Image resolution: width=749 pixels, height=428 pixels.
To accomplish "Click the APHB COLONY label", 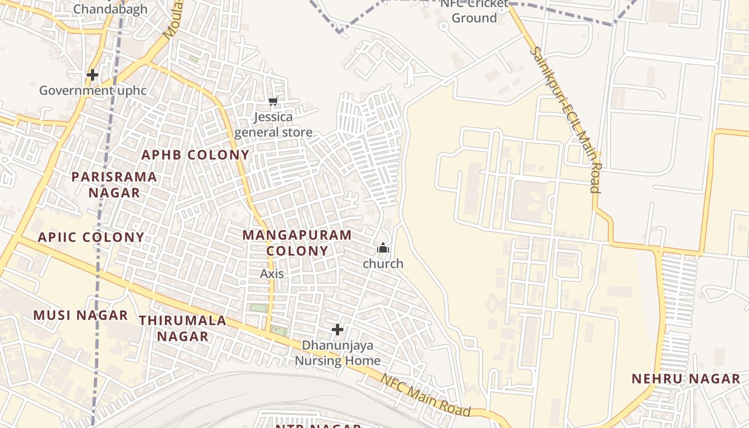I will click(195, 155).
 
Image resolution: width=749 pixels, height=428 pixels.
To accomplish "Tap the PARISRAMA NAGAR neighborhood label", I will click(114, 185).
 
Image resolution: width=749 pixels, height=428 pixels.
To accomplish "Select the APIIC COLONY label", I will click(91, 237).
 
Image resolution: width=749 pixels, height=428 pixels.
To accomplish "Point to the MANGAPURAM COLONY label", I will click(297, 243).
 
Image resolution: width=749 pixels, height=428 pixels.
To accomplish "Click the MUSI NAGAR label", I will click(81, 315).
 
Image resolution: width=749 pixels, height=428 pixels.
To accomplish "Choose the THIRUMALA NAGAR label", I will click(182, 328).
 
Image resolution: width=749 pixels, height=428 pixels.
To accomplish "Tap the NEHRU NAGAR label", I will click(686, 379).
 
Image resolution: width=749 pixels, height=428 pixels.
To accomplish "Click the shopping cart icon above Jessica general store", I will click(273, 101).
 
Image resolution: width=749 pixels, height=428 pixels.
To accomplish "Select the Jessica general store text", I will click(273, 125).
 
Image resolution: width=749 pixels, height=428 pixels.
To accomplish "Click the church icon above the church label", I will click(383, 248).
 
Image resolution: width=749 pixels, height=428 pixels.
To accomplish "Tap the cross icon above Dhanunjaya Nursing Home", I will click(338, 329).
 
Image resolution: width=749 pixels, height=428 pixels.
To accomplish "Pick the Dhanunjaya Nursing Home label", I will click(338, 353).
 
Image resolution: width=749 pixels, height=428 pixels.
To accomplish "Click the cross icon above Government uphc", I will click(93, 75).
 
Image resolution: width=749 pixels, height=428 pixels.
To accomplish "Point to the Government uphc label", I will click(93, 90).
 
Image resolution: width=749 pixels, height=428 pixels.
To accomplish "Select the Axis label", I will click(272, 274).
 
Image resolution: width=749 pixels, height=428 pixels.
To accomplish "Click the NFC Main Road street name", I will click(425, 395).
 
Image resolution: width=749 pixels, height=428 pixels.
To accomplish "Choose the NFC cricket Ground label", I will click(474, 11).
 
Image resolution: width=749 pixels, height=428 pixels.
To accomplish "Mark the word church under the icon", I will click(383, 264).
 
